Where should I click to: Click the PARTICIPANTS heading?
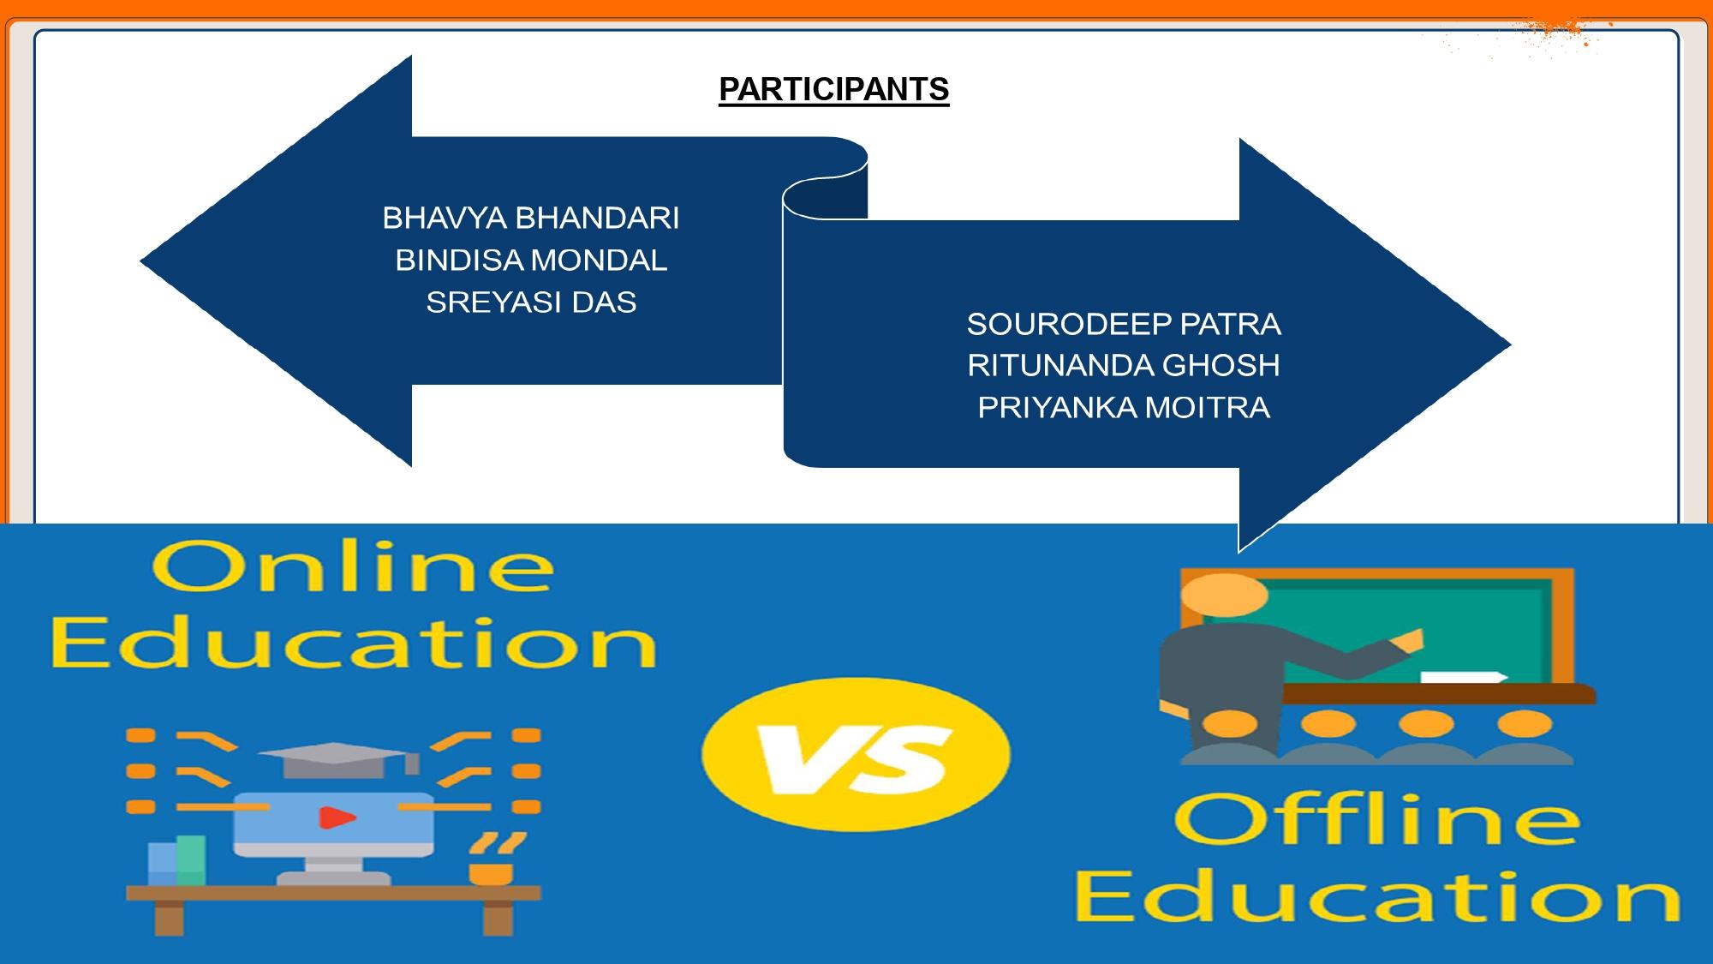(833, 90)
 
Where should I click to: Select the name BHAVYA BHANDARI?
(531, 219)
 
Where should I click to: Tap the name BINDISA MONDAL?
(531, 260)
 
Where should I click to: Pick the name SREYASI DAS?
(531, 302)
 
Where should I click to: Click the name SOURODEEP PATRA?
(1124, 324)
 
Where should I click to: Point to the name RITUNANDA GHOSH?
(1124, 366)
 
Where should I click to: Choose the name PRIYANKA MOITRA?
(1124, 408)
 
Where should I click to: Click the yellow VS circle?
(856, 754)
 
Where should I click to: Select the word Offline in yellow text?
(1376, 819)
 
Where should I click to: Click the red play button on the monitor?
(337, 817)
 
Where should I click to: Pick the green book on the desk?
(191, 860)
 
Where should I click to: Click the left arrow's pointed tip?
(141, 261)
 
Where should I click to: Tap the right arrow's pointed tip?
(1510, 345)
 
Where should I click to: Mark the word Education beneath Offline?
(1376, 898)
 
